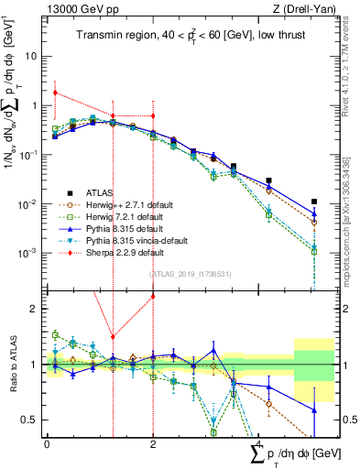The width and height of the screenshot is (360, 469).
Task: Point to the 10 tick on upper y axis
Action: pyautogui.click(x=32, y=56)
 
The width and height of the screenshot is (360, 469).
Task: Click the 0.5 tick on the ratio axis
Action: pyautogui.click(x=32, y=420)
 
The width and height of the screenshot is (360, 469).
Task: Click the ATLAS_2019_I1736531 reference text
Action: pyautogui.click(x=189, y=273)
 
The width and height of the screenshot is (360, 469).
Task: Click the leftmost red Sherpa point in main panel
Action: pyautogui.click(x=56, y=93)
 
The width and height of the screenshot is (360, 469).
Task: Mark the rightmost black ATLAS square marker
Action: pyautogui.click(x=314, y=202)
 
